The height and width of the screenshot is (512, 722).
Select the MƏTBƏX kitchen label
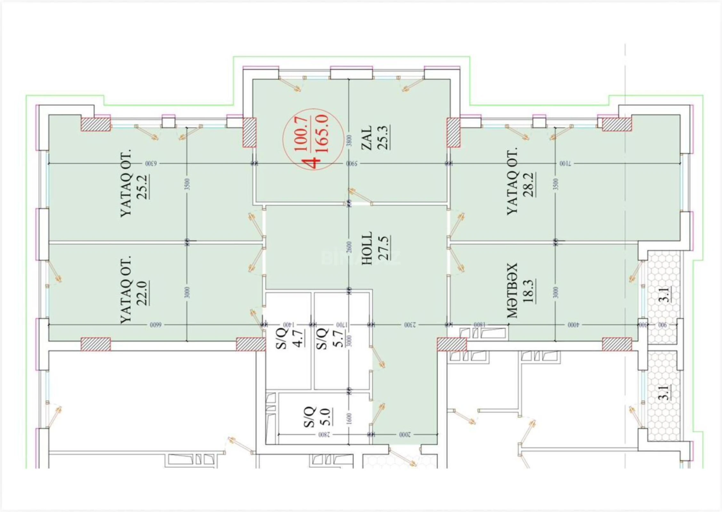(x=512, y=291)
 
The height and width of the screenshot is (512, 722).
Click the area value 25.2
(x=142, y=187)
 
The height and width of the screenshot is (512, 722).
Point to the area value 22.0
(x=142, y=293)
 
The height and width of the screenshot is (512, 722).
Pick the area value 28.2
(x=529, y=185)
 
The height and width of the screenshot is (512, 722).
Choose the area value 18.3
(x=529, y=291)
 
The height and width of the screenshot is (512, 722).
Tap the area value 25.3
(x=383, y=138)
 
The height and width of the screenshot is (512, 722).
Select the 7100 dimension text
(x=565, y=164)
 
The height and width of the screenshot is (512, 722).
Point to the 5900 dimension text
(x=352, y=164)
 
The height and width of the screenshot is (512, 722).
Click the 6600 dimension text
(x=156, y=325)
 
